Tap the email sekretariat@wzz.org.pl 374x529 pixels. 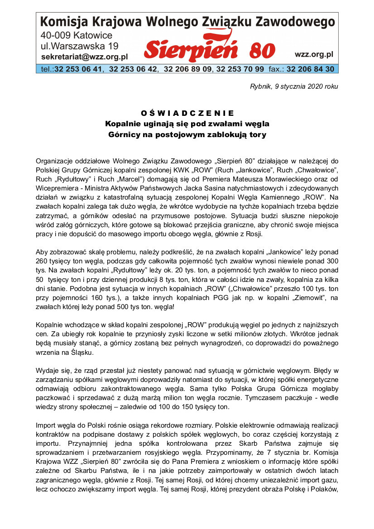84,57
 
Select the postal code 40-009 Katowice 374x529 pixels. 77,35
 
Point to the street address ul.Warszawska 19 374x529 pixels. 80,46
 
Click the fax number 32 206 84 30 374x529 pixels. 310,69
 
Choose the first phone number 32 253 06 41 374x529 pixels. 78,69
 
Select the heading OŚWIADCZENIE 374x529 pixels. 187,113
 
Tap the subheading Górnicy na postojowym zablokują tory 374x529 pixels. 187,134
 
